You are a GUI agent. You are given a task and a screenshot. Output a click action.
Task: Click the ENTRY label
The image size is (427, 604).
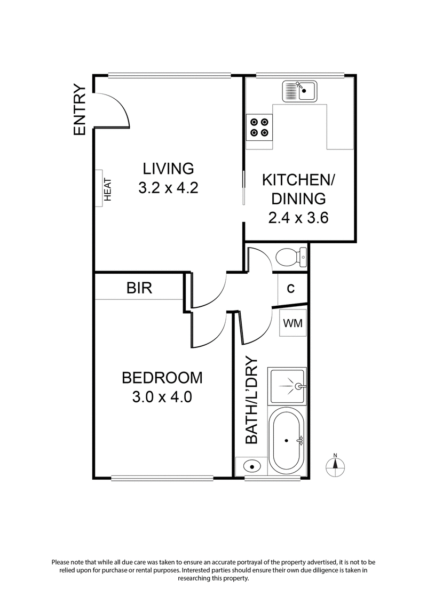click(80, 110)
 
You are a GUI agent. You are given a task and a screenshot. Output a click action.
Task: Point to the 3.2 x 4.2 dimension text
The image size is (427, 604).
click(168, 188)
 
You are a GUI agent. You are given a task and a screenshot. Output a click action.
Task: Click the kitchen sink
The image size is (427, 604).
click(299, 91)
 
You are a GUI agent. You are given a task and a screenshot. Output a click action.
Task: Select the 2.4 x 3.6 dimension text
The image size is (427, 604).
click(298, 218)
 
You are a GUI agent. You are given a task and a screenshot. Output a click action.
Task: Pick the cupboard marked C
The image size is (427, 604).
click(291, 289)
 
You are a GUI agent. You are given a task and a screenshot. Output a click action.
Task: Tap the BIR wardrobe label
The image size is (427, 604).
click(139, 289)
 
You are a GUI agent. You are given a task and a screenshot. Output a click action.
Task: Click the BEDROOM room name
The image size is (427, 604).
click(162, 378)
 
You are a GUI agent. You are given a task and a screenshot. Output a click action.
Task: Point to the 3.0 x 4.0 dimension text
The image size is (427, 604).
click(162, 398)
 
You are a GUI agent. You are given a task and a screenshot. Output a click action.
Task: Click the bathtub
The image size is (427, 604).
click(288, 440)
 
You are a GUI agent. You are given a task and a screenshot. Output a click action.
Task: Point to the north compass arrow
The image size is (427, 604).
click(335, 464)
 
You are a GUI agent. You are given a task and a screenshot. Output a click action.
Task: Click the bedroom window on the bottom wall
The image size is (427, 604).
click(163, 477)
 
